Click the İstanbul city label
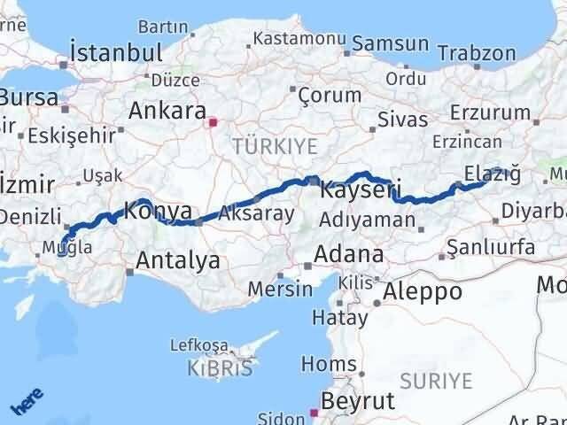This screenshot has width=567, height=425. pyautogui.click(x=116, y=51)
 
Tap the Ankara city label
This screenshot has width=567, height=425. pyautogui.click(x=166, y=111)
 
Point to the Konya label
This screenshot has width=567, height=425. pyautogui.click(x=158, y=212)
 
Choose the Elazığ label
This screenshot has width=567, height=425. pyautogui.click(x=492, y=174)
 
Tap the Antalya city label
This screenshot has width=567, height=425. pyautogui.click(x=177, y=260)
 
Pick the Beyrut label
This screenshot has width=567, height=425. pyautogui.click(x=357, y=401)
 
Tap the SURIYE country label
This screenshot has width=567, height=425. pyautogui.click(x=435, y=382)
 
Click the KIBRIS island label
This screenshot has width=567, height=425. pyautogui.click(x=220, y=367)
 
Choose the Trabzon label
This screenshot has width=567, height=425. pyautogui.click(x=482, y=53)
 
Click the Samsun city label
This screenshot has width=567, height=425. pyautogui.click(x=391, y=43)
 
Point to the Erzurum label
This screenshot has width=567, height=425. pyautogui.click(x=489, y=112)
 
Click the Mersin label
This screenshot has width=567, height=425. pyautogui.click(x=280, y=289)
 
